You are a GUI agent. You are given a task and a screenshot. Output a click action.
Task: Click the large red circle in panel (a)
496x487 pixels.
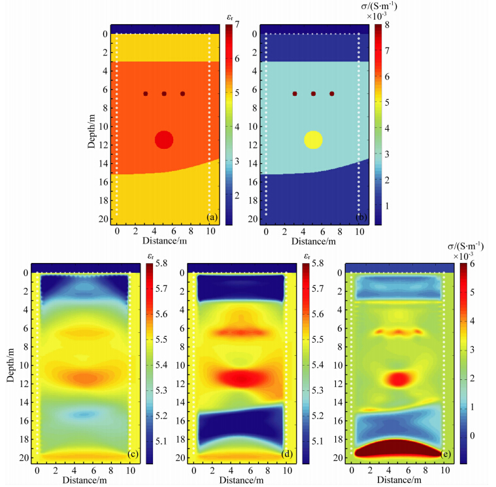(164, 139)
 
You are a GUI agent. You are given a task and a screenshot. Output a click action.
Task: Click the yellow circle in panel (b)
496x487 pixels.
(314, 140)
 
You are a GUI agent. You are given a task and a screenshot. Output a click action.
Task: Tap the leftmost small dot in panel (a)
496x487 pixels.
(146, 94)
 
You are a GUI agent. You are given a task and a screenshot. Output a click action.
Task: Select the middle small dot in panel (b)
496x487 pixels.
(314, 94)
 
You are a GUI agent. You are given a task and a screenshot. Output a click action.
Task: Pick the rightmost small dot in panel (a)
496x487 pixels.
(182, 94)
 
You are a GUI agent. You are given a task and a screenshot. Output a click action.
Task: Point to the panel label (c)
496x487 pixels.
(133, 454)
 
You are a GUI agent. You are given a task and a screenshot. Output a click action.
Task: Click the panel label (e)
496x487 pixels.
(446, 454)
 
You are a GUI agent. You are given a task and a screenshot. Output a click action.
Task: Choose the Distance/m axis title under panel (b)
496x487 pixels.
(312, 242)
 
